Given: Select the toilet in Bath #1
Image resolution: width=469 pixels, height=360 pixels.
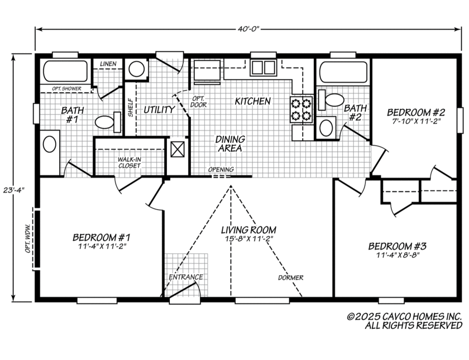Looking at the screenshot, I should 108,121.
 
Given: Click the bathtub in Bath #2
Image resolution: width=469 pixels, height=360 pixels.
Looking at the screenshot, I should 342,71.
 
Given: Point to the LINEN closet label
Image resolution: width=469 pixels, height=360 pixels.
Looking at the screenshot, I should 108,64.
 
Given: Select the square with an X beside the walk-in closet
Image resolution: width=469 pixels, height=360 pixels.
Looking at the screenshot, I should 178,150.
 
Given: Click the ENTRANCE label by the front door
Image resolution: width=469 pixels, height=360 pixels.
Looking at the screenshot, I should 185,277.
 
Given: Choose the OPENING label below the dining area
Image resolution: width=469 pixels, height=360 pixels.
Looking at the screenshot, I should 221,170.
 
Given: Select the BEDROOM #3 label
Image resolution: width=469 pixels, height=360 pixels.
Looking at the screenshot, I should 397,246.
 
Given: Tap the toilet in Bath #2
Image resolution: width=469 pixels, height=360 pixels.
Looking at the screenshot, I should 333,100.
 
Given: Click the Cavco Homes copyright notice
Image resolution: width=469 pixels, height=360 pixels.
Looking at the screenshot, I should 404,320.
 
